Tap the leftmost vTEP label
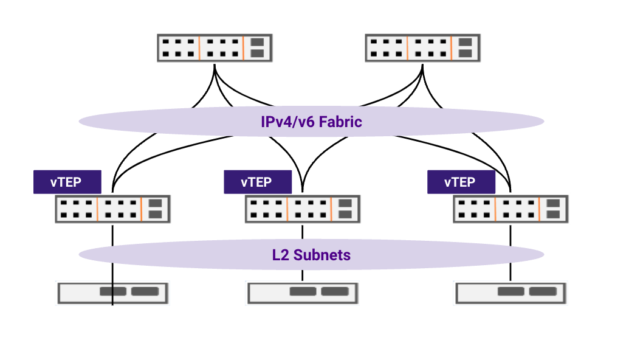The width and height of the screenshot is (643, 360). (x=66, y=182)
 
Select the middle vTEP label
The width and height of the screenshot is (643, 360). (x=257, y=182)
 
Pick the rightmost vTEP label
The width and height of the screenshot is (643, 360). (x=461, y=182)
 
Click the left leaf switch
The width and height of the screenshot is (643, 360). (x=112, y=209)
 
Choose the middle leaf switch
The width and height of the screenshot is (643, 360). (x=302, y=209)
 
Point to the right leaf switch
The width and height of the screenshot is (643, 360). (x=511, y=209)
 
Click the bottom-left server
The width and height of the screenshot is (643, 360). (x=112, y=292)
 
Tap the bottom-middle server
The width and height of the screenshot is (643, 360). (x=302, y=292)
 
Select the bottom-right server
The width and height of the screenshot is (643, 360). (x=511, y=292)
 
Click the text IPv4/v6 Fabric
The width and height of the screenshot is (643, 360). (x=311, y=122)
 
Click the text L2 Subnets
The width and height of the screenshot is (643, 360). (x=311, y=255)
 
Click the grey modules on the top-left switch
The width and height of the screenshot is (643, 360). (x=257, y=48)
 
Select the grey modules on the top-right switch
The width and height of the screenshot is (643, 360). (x=465, y=48)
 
